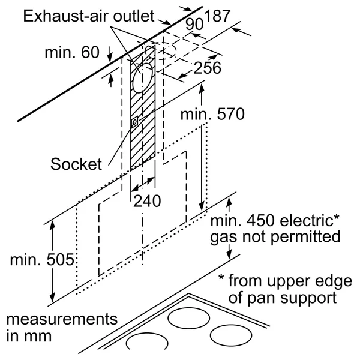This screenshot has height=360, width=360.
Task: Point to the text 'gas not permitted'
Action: coord(274,236)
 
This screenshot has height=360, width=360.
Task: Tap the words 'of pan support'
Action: coord(287,296)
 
